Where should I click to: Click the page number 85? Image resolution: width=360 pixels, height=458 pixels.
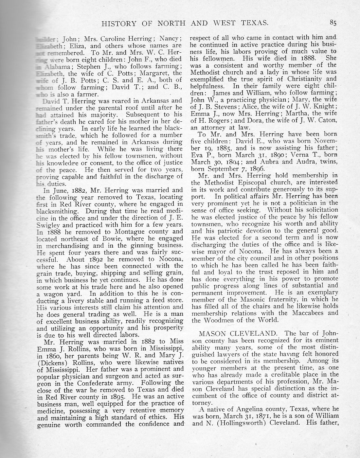pos(333,23)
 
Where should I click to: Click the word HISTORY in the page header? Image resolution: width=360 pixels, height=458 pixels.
pos(118,23)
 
